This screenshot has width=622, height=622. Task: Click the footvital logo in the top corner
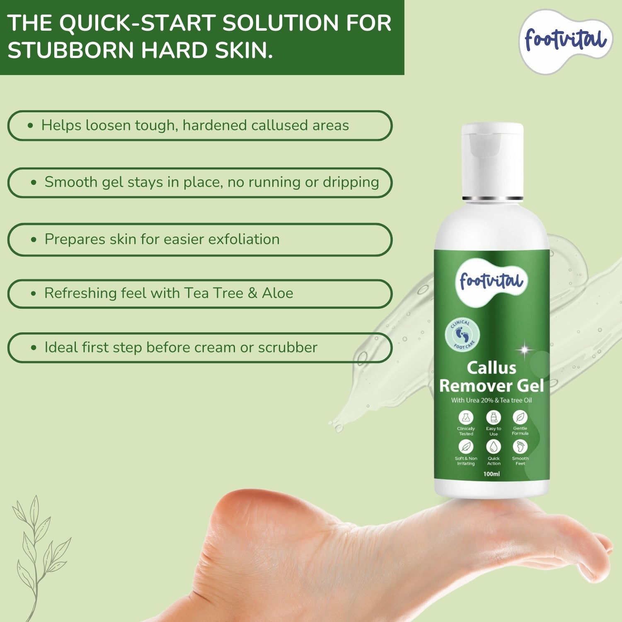pos(566,41)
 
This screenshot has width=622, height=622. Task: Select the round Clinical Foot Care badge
pos(462,335)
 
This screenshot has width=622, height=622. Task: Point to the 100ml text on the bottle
pos(491,474)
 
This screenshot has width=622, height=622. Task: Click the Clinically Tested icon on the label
pos(466,417)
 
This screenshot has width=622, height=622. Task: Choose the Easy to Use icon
pos(493,417)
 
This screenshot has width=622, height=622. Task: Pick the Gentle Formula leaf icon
pos(520,417)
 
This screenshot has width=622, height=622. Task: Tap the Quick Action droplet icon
pos(493,447)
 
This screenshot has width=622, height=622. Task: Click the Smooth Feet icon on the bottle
pos(520,447)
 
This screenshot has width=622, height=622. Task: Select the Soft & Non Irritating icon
pos(466,447)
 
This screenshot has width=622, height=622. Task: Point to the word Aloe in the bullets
pos(277,293)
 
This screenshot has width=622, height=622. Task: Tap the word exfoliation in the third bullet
pos(244,239)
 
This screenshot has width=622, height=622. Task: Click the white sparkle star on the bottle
pos(524,350)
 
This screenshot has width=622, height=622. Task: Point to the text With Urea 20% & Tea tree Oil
pos(491,400)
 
